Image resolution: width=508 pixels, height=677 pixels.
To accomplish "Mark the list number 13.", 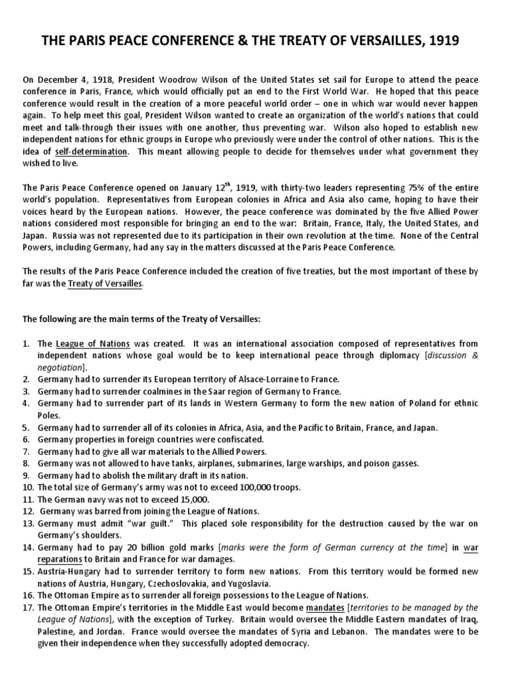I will click(28, 523).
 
